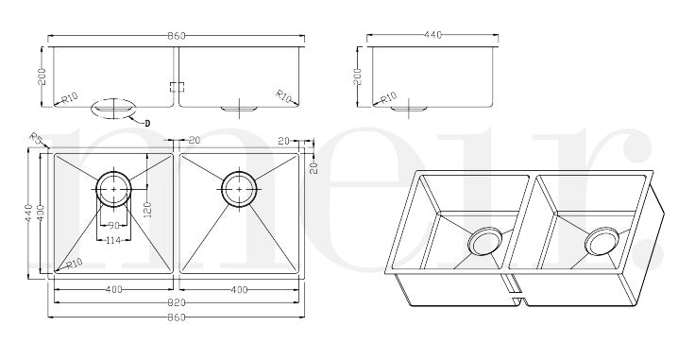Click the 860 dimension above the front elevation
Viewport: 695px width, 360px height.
click(x=177, y=36)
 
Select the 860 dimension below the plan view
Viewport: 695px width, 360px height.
click(x=177, y=317)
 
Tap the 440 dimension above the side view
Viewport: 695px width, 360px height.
click(x=432, y=35)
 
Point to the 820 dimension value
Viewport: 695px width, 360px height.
click(x=177, y=302)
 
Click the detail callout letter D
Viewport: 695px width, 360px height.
click(x=147, y=124)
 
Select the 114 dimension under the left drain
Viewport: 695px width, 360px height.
click(x=114, y=240)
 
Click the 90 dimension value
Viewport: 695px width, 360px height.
click(x=114, y=225)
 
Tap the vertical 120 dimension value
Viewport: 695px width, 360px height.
click(x=147, y=210)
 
